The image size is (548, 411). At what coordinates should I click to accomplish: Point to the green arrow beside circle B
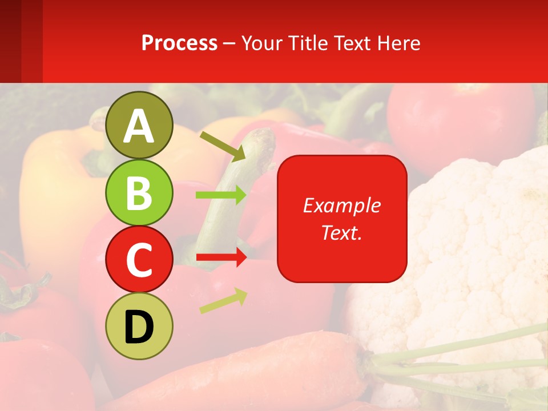pyautogui.click(x=221, y=195)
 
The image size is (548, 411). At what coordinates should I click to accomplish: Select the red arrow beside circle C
pyautogui.click(x=221, y=258)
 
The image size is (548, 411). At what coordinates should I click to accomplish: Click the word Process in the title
pyautogui.click(x=179, y=43)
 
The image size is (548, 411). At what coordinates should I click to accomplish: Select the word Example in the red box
pyautogui.click(x=342, y=205)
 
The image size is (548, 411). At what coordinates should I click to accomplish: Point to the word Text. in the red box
pyautogui.click(x=342, y=232)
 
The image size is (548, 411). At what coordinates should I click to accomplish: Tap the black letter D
pyautogui.click(x=139, y=327)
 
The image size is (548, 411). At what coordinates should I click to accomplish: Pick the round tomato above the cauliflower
pyautogui.click(x=457, y=123)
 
